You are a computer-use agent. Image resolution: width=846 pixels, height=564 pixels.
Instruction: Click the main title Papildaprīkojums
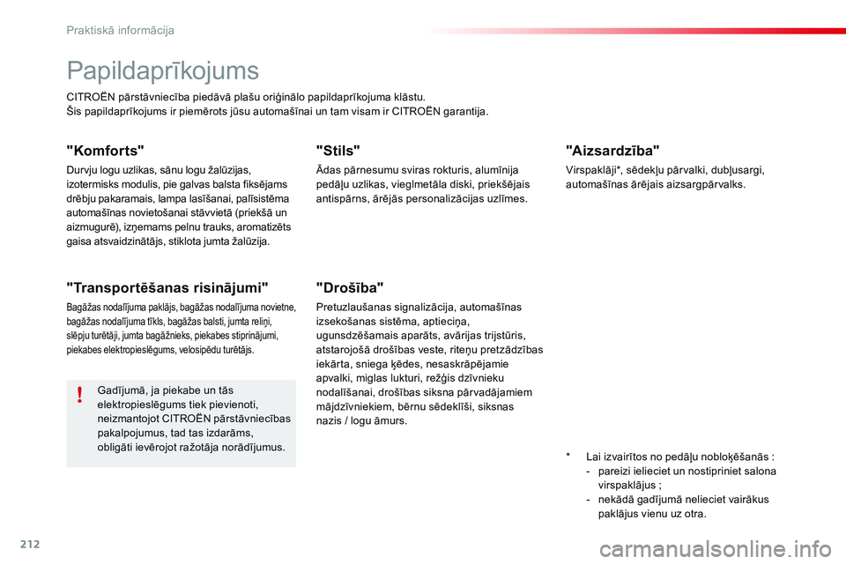(162, 70)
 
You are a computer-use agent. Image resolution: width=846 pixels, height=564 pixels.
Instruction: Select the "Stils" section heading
(338, 151)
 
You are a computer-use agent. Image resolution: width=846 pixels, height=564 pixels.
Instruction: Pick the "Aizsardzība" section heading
(612, 150)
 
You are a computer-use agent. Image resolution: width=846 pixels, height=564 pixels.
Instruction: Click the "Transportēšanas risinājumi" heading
(167, 286)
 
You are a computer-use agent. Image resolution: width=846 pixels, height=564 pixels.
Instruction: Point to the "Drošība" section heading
(350, 286)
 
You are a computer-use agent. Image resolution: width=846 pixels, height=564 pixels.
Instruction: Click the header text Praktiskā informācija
(121, 30)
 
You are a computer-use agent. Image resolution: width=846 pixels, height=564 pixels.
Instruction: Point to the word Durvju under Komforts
(82, 170)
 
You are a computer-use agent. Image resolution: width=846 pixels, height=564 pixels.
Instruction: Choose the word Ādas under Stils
(328, 170)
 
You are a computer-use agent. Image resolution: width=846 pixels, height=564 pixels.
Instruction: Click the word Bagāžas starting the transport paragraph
(84, 308)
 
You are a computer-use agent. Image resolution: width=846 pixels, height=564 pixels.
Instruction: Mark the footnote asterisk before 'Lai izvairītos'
(569, 458)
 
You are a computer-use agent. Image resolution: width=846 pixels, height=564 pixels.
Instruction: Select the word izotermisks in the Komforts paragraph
(93, 184)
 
